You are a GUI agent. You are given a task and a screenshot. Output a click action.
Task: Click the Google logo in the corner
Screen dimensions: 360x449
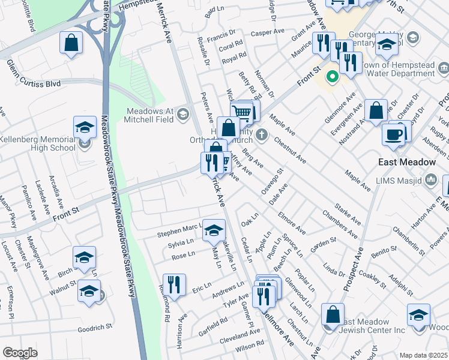tap(20, 353)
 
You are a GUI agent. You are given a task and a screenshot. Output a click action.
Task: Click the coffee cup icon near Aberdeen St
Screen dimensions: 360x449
tap(394, 134)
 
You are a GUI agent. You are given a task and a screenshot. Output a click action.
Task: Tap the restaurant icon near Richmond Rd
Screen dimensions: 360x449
tap(174, 284)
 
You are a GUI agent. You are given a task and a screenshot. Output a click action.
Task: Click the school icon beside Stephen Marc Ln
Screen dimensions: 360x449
tap(214, 230)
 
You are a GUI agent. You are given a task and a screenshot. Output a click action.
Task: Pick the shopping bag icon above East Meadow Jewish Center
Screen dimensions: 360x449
tap(333, 314)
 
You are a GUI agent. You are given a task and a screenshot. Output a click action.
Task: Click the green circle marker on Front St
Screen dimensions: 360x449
tap(331, 77)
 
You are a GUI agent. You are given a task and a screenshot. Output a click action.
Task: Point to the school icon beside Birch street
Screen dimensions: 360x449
tap(84, 257)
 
